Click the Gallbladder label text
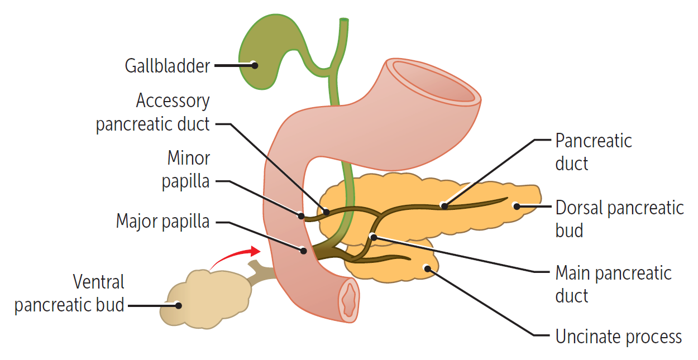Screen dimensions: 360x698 point(168,66)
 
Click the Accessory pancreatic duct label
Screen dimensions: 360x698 point(153,112)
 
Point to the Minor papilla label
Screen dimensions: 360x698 point(186,170)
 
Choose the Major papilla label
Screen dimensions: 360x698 point(162,221)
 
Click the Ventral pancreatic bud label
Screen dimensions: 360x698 point(70,294)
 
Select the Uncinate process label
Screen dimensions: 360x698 point(618,337)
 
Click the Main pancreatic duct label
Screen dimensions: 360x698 point(613,284)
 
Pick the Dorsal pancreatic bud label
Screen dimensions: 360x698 point(619,218)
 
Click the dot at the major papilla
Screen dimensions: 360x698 point(304,251)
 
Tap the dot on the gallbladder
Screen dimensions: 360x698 point(255,65)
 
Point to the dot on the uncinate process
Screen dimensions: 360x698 point(427,268)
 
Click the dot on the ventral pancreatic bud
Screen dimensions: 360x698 point(178,305)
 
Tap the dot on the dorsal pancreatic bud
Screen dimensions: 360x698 point(517,206)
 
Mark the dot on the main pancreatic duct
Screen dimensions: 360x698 point(373,237)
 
